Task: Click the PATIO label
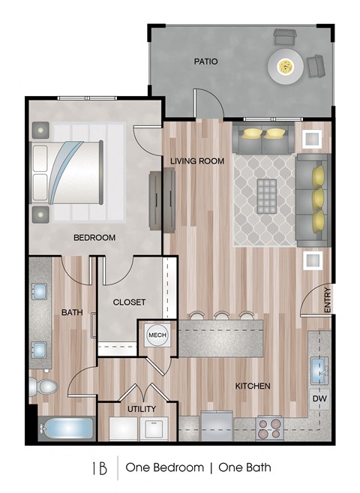point(205,62)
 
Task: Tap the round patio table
point(286,66)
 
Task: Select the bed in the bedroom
point(67,173)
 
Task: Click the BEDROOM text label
point(94,237)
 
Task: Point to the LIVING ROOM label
point(197,161)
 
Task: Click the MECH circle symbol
point(157,335)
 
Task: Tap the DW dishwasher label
point(319,398)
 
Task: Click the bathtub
point(67,428)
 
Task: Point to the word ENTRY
point(327,300)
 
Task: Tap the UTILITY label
point(142,409)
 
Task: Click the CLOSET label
point(129,302)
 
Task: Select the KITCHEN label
point(253,386)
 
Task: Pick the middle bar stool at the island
point(222,316)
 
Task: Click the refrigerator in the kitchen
point(217,426)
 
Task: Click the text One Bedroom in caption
point(164,467)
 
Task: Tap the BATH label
point(72,312)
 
